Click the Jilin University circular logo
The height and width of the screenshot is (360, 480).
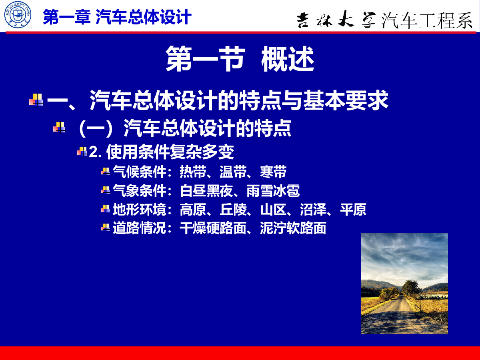click(18, 15)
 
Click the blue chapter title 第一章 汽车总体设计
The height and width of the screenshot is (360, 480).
click(117, 17)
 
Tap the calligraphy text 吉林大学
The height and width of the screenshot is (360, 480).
click(336, 19)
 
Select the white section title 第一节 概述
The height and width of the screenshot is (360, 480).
click(240, 58)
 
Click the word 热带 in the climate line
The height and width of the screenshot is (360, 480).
click(193, 172)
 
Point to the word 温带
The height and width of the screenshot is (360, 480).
click(233, 172)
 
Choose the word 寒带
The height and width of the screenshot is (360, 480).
click(273, 172)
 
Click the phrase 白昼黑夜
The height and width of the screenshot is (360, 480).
click(206, 191)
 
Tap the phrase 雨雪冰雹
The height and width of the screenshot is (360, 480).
click(273, 191)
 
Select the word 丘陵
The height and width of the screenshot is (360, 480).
click(233, 210)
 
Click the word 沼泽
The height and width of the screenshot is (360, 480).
click(313, 210)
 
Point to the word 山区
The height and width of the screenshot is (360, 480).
click(273, 210)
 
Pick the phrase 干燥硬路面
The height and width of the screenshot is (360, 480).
click(213, 228)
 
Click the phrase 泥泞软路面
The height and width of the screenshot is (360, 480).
click(293, 228)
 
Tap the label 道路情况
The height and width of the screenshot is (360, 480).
click(140, 228)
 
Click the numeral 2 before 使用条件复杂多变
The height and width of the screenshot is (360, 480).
click(93, 152)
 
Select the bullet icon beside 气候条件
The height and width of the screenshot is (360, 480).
click(105, 172)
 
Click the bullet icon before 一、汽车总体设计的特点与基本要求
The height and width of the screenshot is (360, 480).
click(36, 100)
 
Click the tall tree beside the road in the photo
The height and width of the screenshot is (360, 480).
click(411, 288)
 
